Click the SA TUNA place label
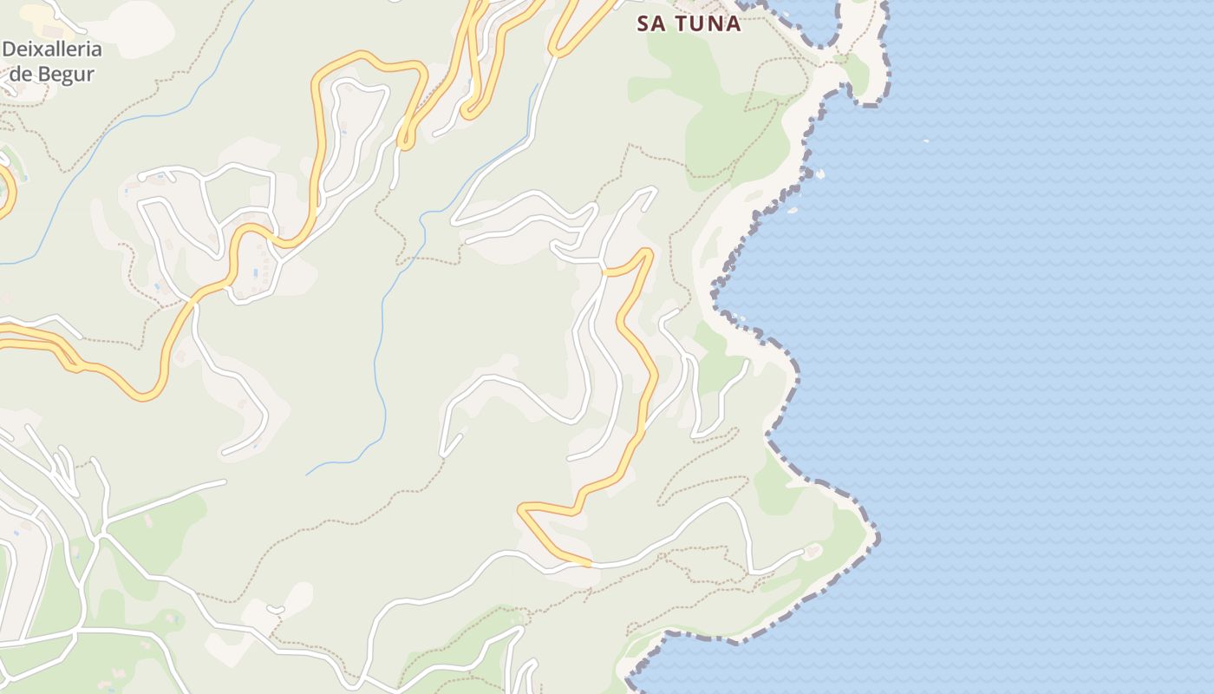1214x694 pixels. tap(689, 23)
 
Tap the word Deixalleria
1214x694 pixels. tap(52, 49)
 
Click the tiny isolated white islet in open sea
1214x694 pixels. tap(926, 140)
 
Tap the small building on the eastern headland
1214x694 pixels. tap(813, 550)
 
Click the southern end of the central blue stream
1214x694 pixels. tap(307, 475)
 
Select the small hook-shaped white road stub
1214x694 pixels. tap(276, 610)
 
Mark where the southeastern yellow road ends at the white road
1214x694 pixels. tap(590, 564)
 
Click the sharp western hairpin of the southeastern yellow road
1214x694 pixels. tap(521, 507)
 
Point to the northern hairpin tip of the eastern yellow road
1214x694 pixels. tap(647, 251)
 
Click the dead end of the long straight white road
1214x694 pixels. tap(224, 481)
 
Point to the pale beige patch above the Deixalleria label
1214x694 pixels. tap(130, 26)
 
